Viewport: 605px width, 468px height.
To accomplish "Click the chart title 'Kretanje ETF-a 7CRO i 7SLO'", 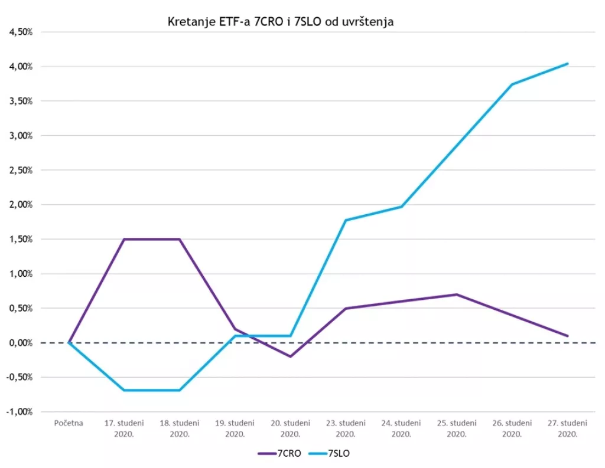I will click(x=281, y=22).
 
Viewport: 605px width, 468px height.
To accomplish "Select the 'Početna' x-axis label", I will click(x=69, y=423).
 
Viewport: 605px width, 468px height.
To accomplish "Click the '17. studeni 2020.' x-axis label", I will click(x=124, y=428).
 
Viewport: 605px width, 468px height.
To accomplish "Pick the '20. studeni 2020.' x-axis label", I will click(x=290, y=428).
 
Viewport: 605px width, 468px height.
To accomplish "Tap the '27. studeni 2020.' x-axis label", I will click(x=567, y=428).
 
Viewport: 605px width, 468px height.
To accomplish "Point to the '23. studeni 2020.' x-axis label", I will click(x=346, y=428).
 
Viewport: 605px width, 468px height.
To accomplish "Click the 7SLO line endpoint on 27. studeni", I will click(x=567, y=64).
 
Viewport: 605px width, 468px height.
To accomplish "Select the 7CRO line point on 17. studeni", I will click(x=124, y=239).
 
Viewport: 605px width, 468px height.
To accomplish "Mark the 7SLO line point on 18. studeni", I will click(x=180, y=390).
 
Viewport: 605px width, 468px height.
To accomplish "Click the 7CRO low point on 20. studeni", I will click(x=290, y=356).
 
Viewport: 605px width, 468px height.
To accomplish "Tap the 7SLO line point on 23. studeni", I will click(x=346, y=220).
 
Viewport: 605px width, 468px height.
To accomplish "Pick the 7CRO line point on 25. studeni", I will click(x=457, y=294).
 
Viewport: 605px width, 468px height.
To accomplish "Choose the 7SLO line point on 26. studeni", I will click(x=512, y=84).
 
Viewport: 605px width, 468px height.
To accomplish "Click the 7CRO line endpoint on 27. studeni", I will click(x=567, y=336).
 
